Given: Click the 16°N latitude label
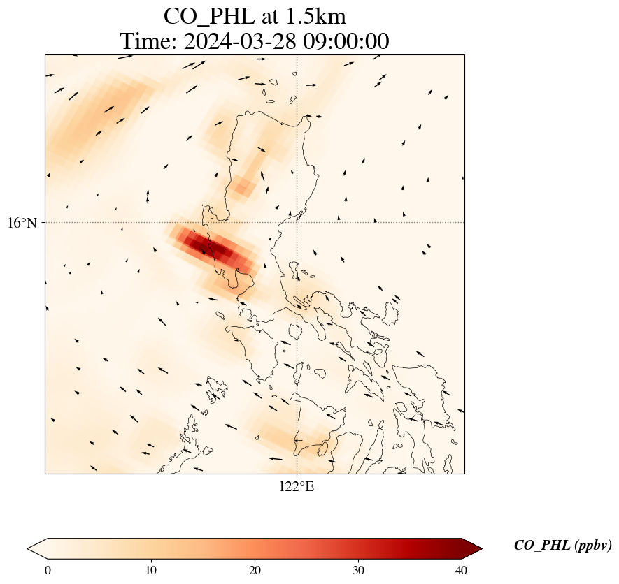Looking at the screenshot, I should click(x=26, y=223).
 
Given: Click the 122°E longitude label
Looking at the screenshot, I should click(x=297, y=487).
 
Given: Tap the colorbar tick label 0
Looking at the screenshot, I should click(x=48, y=569).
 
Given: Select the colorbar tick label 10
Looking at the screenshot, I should click(x=151, y=569).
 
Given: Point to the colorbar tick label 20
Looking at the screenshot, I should click(x=255, y=569).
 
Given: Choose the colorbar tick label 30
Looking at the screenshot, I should click(x=358, y=569).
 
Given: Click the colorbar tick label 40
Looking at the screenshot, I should click(x=461, y=569).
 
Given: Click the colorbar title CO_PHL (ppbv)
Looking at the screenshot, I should click(x=562, y=546).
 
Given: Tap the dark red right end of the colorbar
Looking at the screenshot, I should click(x=473, y=549).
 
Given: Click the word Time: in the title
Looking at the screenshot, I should click(x=148, y=41).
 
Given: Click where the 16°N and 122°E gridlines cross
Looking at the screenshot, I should click(x=297, y=222).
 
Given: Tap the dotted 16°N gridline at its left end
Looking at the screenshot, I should click(x=48, y=222).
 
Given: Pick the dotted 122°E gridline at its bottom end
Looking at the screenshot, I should click(x=297, y=472).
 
